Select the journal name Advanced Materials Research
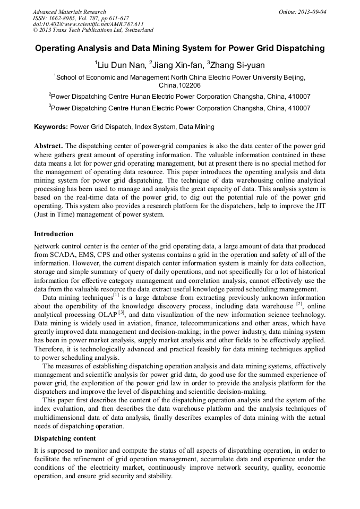click(69, 12)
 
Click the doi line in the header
click(88, 24)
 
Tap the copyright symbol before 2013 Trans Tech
click(35, 31)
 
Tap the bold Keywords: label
click(51, 127)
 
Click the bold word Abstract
click(48, 146)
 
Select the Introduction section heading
click(54, 234)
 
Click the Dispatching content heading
click(65, 438)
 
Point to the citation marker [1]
click(116, 295)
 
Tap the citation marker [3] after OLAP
click(122, 312)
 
